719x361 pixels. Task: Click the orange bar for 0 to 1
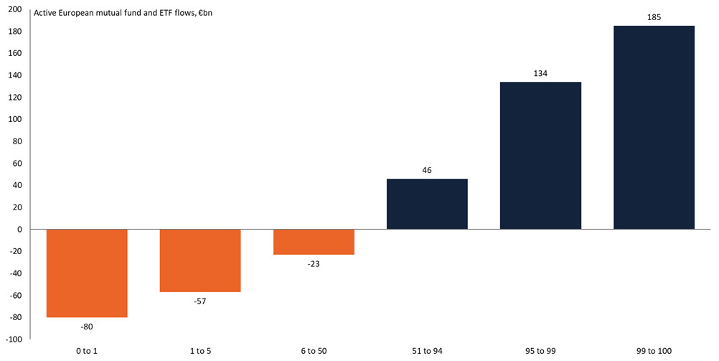tap(87, 273)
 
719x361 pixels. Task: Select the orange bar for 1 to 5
tap(200, 261)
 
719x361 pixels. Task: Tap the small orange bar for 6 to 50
tap(314, 242)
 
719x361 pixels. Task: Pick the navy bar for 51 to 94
tap(427, 204)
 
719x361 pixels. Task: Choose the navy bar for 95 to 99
tap(540, 156)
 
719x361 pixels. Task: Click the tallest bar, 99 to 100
tap(654, 128)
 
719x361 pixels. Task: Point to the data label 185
tap(654, 16)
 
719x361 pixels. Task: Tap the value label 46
tap(427, 169)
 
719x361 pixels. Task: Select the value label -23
tap(314, 264)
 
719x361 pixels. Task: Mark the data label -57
tap(200, 301)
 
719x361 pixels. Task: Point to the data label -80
tap(87, 327)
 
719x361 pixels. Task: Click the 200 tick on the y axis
tap(16, 9)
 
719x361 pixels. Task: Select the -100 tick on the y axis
tap(14, 339)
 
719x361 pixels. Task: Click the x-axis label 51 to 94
tap(427, 350)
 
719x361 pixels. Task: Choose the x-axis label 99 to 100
tap(654, 350)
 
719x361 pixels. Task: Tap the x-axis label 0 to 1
tap(87, 350)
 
